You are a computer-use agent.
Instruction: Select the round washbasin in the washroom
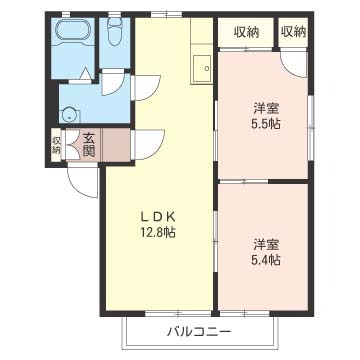click(70, 114)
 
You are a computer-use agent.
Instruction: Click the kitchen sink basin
click(202, 68)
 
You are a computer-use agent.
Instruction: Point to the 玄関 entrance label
click(88, 145)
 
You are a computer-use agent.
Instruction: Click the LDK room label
click(157, 217)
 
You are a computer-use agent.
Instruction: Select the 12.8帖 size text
click(157, 232)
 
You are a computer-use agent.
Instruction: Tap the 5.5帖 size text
click(266, 124)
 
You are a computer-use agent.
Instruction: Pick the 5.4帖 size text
click(266, 259)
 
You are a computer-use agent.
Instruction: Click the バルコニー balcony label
click(199, 332)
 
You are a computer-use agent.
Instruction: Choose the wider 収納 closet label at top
click(246, 32)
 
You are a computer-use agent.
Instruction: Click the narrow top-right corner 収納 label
click(293, 32)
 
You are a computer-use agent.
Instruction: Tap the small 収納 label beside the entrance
click(56, 145)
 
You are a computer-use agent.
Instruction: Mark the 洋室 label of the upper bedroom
click(266, 108)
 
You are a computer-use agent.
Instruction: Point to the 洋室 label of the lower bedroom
click(266, 245)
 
